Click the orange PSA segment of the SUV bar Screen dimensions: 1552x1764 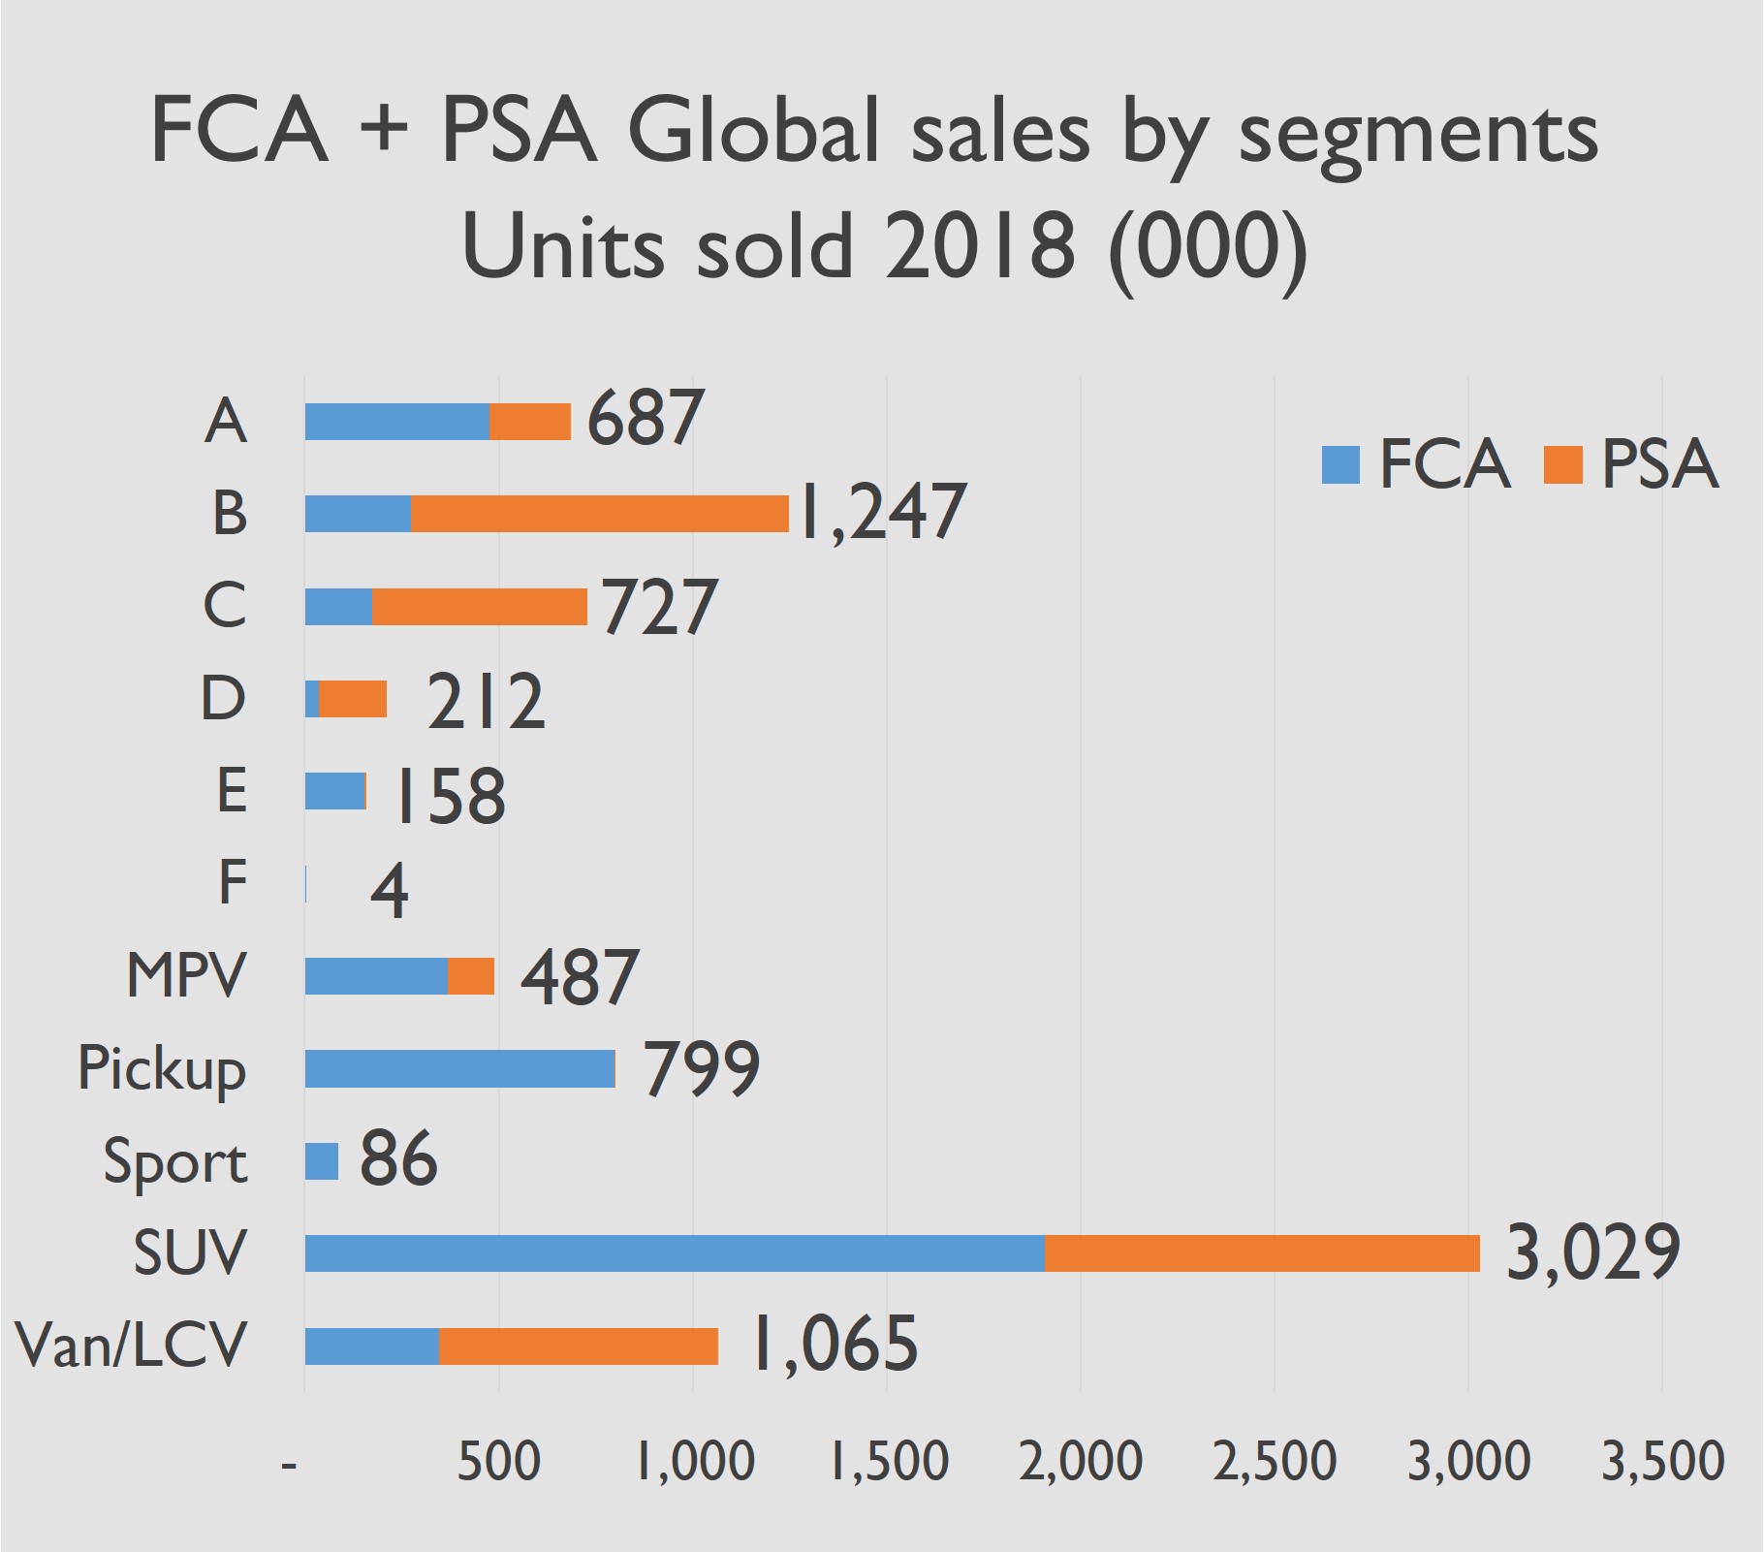click(x=1262, y=1252)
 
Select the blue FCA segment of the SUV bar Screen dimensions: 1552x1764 click(x=675, y=1252)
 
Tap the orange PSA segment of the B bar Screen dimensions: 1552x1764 click(x=599, y=514)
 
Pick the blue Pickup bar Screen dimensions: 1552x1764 click(x=459, y=1068)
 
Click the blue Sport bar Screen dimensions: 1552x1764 click(x=322, y=1160)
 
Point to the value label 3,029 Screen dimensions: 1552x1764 click(x=1592, y=1252)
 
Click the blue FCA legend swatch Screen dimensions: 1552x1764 click(x=1340, y=464)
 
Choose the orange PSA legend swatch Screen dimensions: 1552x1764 click(x=1562, y=464)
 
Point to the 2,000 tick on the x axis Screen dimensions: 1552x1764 click(x=1081, y=1462)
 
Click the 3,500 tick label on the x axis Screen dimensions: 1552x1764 click(x=1662, y=1462)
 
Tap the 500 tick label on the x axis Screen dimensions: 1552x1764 click(x=498, y=1462)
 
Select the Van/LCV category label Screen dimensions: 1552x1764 click(x=132, y=1346)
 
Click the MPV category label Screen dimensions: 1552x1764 click(x=186, y=975)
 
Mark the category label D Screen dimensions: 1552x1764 click(x=223, y=698)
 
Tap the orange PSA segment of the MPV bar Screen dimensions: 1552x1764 click(x=471, y=976)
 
